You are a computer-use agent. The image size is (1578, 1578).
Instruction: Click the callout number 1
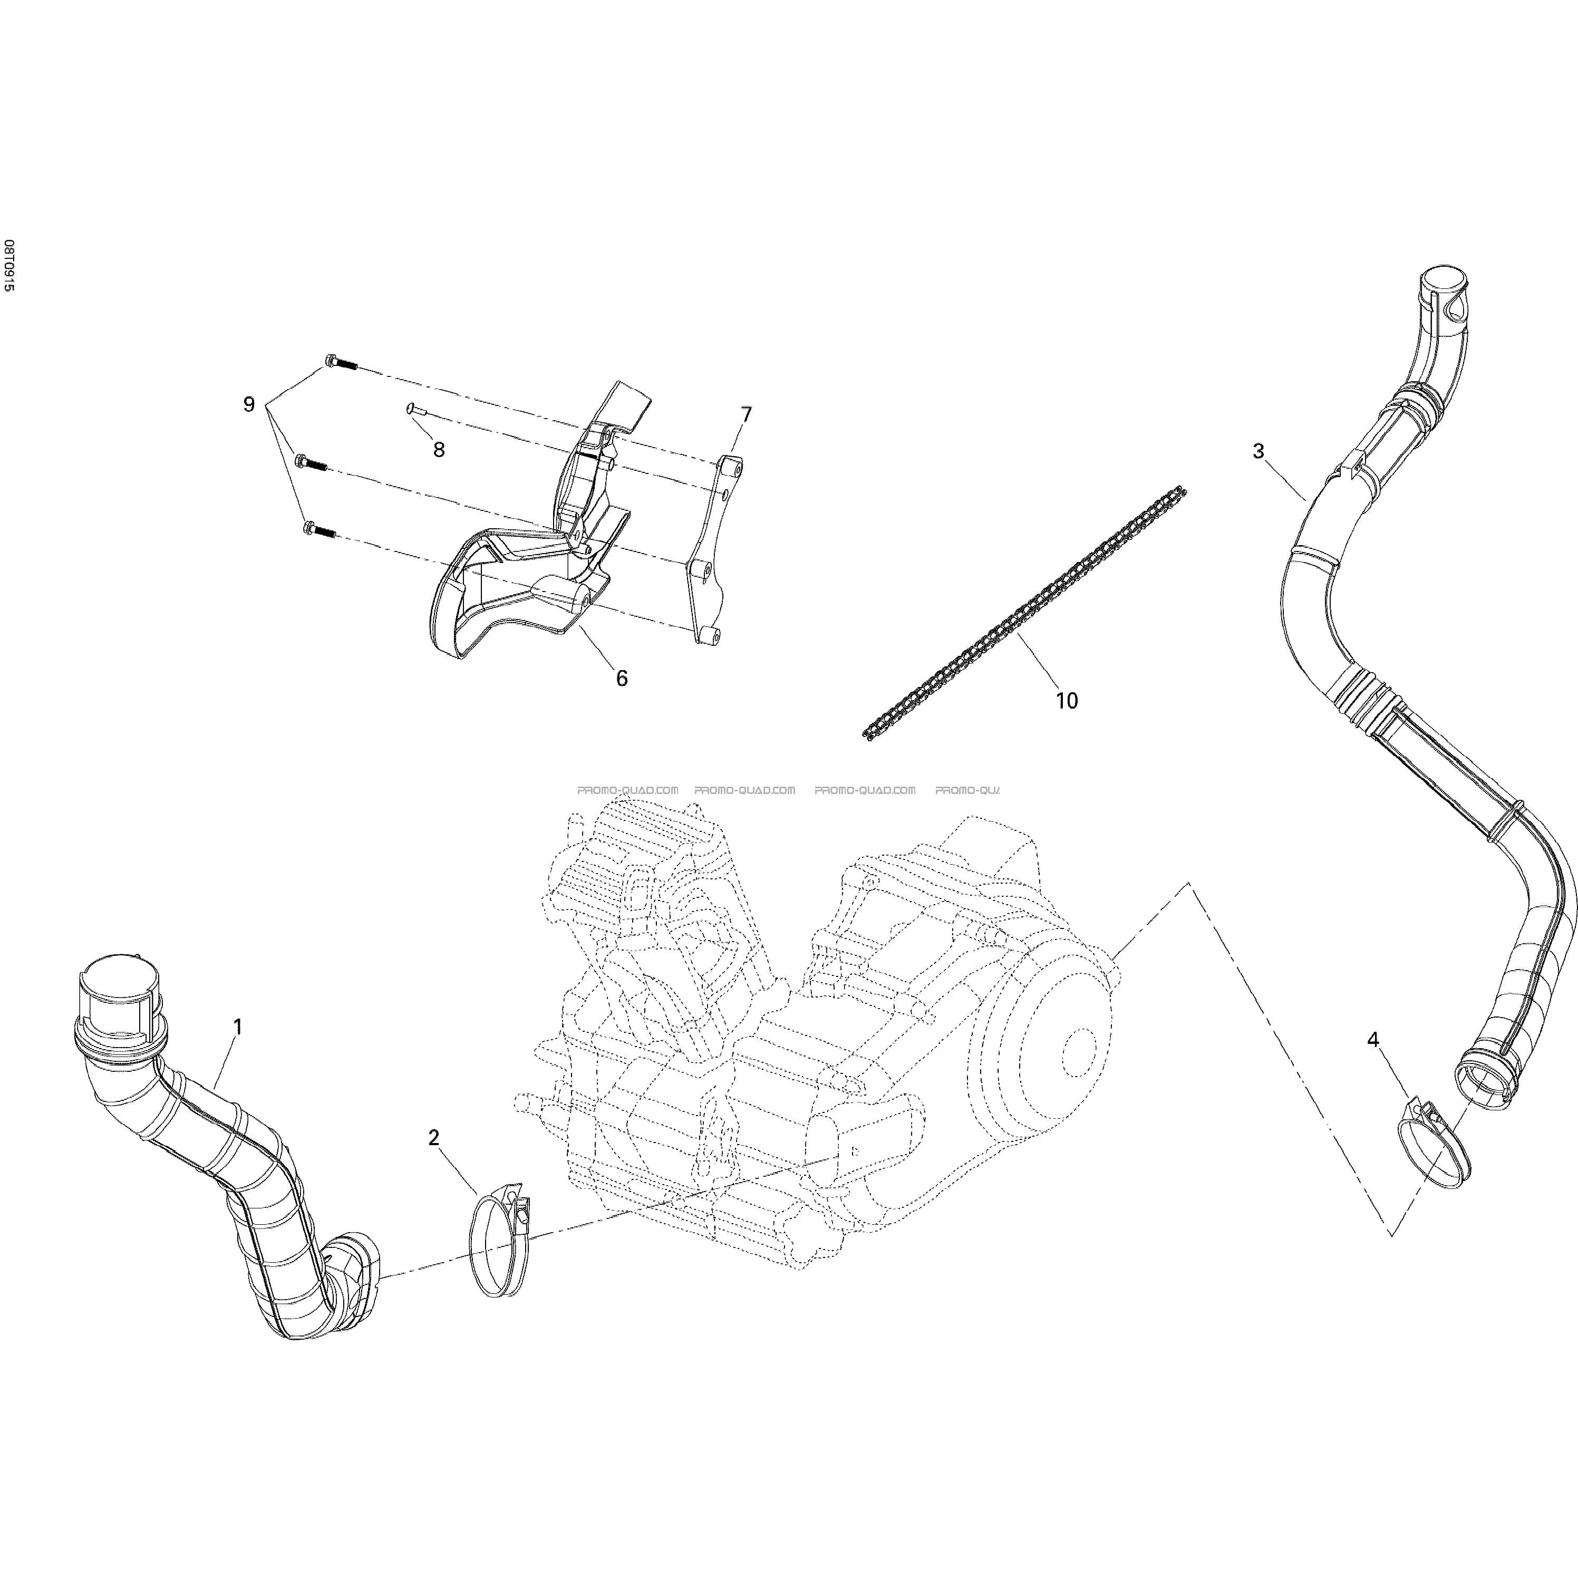coord(238,1026)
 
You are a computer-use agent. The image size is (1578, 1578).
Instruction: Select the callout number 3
coord(1258,451)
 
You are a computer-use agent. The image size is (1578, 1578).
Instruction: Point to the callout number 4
coord(1373,1040)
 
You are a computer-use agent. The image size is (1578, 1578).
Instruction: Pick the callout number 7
coord(746,415)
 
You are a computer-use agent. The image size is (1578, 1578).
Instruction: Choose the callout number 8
coord(439,449)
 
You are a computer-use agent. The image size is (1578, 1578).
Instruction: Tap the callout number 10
coord(1067,700)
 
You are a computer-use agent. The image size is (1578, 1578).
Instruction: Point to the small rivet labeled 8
coord(418,410)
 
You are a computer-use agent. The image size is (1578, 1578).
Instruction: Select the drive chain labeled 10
coord(1024,613)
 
